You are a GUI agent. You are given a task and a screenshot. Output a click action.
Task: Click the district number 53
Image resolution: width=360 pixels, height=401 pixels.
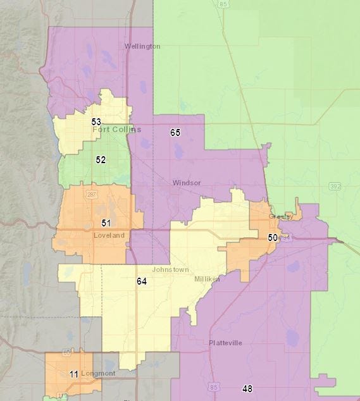[96, 121]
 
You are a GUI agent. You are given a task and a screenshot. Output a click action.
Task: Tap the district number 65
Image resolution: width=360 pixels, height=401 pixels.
[175, 132]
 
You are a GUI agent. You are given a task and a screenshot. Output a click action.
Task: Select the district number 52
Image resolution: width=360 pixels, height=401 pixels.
[101, 160]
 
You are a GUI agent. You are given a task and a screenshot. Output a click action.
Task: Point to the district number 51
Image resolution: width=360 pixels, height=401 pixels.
[106, 223]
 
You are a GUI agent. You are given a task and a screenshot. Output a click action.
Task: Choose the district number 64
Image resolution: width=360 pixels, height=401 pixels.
[141, 281]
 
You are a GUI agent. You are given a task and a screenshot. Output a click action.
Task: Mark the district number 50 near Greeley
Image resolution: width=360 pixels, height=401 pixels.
[272, 237]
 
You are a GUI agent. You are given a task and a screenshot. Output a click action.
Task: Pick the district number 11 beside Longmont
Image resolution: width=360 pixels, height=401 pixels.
[74, 374]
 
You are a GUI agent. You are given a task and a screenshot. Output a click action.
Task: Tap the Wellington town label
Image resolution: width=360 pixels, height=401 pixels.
[142, 46]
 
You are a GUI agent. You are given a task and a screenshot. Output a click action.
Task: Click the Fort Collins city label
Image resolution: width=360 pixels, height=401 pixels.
[116, 130]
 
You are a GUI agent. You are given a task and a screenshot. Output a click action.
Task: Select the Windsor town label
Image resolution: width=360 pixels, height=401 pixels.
[187, 183]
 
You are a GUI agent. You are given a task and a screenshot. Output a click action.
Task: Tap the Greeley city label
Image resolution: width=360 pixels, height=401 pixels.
[281, 216]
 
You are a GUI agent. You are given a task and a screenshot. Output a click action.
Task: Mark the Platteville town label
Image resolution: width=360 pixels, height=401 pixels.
[225, 343]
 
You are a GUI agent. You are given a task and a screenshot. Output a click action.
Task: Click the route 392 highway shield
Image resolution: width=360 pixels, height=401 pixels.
[335, 186]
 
